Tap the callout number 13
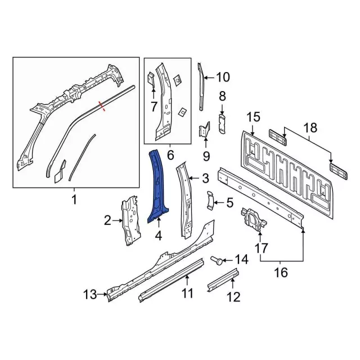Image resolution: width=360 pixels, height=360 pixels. [90, 294]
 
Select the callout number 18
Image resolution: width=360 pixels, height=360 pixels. [310, 128]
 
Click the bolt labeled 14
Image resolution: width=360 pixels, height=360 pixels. [217, 260]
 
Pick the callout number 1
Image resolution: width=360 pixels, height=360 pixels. [74, 200]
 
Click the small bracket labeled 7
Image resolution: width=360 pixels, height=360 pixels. [151, 79]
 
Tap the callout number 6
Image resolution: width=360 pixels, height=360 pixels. [170, 155]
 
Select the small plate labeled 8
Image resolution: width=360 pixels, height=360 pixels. [222, 124]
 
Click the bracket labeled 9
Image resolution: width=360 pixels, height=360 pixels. [204, 130]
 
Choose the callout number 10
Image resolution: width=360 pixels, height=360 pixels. [223, 77]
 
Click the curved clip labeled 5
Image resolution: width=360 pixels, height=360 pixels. [210, 200]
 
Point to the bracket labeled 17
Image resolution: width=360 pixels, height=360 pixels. [253, 220]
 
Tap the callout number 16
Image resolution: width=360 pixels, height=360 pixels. [281, 272]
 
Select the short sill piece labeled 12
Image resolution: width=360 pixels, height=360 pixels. [223, 280]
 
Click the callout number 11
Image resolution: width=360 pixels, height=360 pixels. [187, 294]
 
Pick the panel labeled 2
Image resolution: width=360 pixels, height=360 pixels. [130, 220]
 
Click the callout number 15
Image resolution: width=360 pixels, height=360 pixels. [254, 116]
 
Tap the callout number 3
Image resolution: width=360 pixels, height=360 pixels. [205, 178]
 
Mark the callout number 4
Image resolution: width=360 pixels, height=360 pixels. [159, 236]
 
